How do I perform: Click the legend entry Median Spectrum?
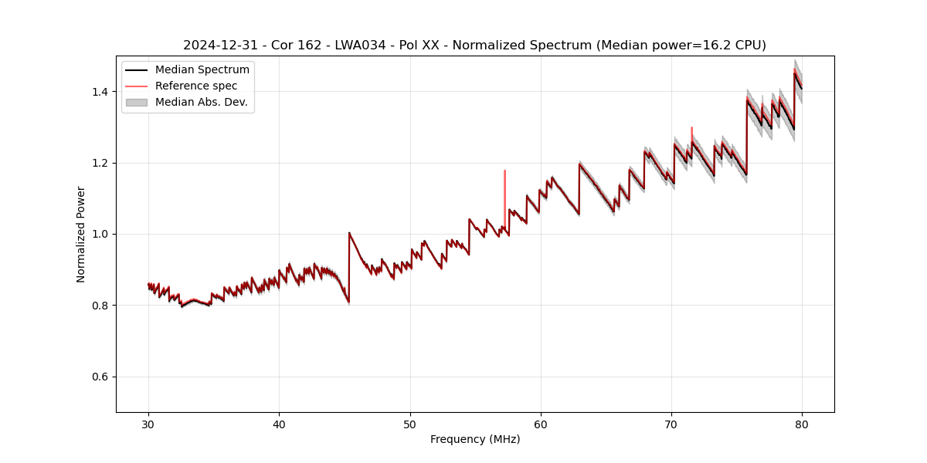click(x=202, y=70)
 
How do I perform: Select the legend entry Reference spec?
click(x=196, y=86)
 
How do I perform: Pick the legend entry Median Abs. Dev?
click(x=201, y=102)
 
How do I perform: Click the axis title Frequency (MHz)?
click(x=475, y=439)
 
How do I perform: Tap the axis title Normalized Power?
click(x=81, y=234)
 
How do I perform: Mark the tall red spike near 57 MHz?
click(x=504, y=185)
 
